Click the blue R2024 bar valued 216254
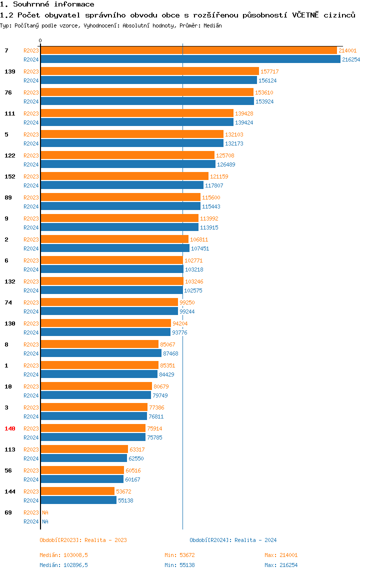pyautogui.click(x=190, y=59)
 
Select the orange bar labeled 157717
pyautogui.click(x=149, y=71)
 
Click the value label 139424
pyautogui.click(x=244, y=122)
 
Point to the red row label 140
pyautogui.click(x=10, y=428)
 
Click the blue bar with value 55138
pyautogui.click(x=78, y=500)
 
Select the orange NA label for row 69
pyautogui.click(x=45, y=512)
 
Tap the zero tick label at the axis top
pyautogui.click(x=40, y=41)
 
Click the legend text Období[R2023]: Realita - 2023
pyautogui.click(x=83, y=540)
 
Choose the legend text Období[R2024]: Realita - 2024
pyautogui.click(x=233, y=540)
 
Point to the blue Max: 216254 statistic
pyautogui.click(x=281, y=565)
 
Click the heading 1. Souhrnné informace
pyautogui.click(x=47, y=4)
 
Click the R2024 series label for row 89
pyautogui.click(x=31, y=206)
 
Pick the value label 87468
pyautogui.click(x=170, y=353)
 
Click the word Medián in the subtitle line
pyautogui.click(x=213, y=25)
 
